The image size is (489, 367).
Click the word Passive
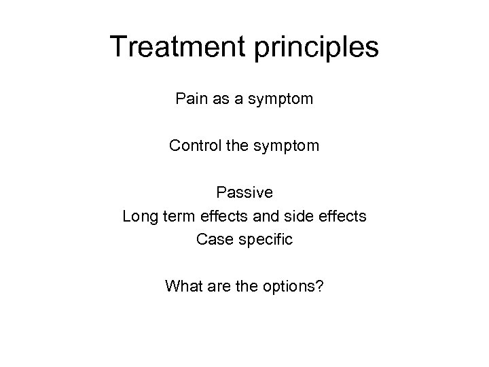[x=244, y=192]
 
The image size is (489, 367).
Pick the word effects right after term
[x=223, y=216]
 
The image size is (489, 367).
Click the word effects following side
[x=343, y=216]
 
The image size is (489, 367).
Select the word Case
[x=212, y=239]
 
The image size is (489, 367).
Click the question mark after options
[x=320, y=286]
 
